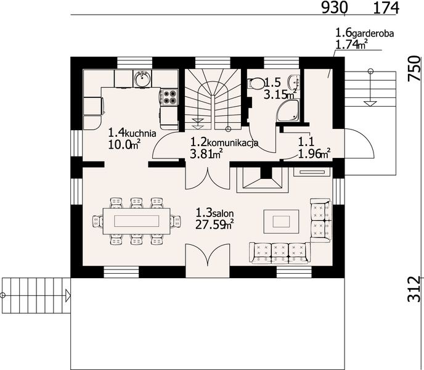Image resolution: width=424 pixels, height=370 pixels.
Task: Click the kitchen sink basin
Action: click(142, 78)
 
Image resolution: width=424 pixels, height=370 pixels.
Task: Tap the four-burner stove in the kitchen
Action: click(169, 97)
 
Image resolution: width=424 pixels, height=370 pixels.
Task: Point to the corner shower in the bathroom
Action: click(288, 110)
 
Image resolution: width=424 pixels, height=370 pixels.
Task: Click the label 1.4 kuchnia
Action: click(132, 133)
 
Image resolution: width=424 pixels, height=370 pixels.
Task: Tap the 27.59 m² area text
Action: click(214, 224)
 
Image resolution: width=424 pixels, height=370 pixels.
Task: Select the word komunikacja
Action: click(234, 142)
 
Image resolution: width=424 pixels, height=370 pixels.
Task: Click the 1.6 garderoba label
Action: click(364, 33)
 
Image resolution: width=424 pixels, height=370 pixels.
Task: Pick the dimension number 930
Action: click(334, 8)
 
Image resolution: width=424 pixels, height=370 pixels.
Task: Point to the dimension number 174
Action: click(386, 8)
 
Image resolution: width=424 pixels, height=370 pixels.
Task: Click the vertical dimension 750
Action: click(415, 68)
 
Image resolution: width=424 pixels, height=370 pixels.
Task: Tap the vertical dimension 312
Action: click(415, 289)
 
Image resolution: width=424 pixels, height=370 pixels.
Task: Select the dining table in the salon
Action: click(136, 221)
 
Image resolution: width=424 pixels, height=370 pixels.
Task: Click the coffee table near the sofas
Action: click(281, 221)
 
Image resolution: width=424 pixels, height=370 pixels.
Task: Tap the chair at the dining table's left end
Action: click(97, 221)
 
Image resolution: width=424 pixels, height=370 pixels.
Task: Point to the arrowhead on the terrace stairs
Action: click(68, 295)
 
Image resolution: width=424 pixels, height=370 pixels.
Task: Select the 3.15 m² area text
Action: click(280, 94)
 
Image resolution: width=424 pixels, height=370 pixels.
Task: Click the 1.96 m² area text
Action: click(314, 154)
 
